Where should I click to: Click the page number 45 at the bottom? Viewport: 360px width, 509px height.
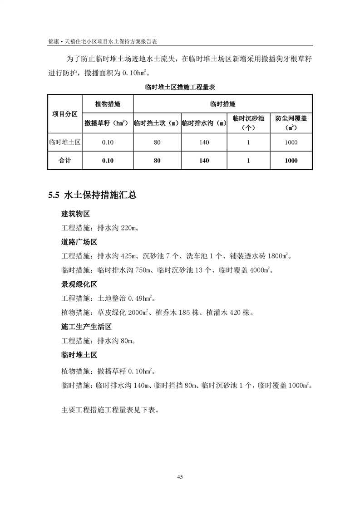(180, 477)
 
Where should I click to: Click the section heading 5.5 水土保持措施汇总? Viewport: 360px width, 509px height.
(92, 196)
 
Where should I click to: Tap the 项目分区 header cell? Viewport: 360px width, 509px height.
(64, 113)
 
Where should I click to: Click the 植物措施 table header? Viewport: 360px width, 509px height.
(108, 104)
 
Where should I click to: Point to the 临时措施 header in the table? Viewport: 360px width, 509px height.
(223, 104)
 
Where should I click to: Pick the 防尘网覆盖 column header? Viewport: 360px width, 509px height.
(291, 118)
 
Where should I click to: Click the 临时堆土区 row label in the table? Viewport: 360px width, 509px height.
(64, 142)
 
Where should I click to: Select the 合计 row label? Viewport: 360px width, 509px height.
(64, 161)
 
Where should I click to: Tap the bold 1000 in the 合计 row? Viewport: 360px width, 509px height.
(291, 161)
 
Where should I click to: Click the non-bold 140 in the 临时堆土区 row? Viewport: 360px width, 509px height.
(204, 142)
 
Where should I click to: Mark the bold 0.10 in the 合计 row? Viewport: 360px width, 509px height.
(108, 161)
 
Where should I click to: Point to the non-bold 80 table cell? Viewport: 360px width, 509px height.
(157, 142)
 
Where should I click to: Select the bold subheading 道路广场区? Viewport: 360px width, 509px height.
(79, 242)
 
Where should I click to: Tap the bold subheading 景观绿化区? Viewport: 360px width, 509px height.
(79, 284)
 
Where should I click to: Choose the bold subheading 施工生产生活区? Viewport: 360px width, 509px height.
(86, 327)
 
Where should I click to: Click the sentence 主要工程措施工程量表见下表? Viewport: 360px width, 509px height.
(109, 409)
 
